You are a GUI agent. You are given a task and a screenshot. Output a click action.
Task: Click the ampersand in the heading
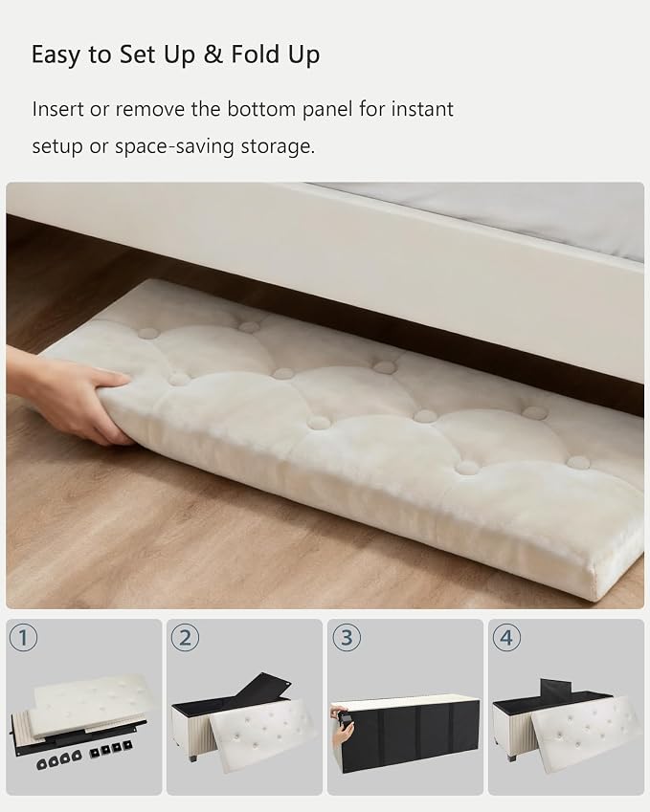pos(213,55)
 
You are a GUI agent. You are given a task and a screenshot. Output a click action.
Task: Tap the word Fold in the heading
pos(256,54)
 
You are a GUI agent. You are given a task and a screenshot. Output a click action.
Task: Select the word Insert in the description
pos(57,109)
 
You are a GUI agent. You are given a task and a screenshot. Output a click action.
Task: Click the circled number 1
pos(24,638)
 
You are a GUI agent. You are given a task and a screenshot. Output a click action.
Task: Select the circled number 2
pos(185,638)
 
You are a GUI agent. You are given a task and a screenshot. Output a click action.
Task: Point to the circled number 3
pos(347,638)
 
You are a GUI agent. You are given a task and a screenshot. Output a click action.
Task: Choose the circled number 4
pos(506,638)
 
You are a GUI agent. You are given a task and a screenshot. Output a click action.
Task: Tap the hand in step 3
pos(342,728)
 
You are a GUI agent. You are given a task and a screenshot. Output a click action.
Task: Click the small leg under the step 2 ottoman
pos(192,757)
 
